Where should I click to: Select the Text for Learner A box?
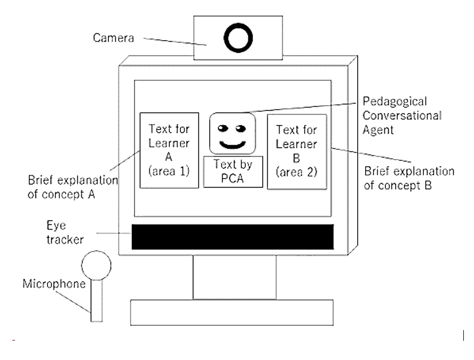click(x=169, y=150)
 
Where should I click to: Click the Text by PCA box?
click(x=233, y=171)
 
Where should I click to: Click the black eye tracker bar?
click(x=233, y=237)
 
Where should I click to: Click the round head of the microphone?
click(x=97, y=264)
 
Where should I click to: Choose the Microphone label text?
click(x=53, y=284)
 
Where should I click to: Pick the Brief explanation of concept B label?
click(x=409, y=179)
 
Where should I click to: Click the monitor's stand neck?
click(x=235, y=277)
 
